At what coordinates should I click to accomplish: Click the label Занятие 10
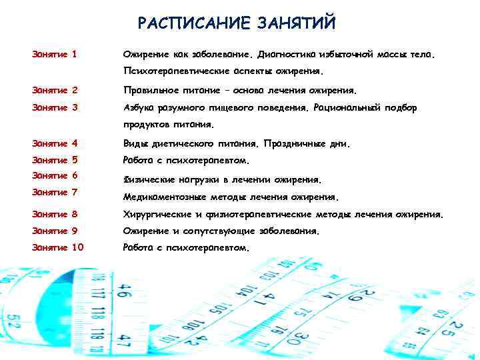click(58, 247)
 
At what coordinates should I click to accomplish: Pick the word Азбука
click(141, 107)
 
